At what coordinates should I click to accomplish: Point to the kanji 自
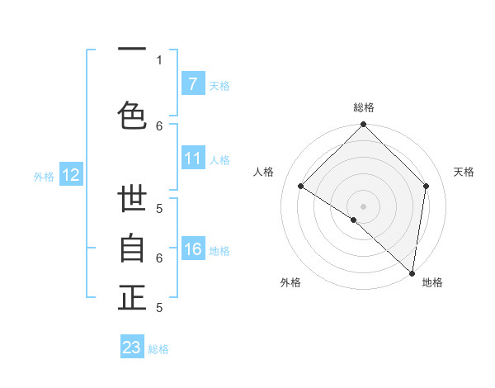coord(132,248)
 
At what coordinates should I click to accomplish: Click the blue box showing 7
coord(192,84)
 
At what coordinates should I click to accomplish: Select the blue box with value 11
coord(192,159)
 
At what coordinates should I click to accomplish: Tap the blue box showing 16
coord(192,250)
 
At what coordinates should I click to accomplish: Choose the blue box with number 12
coord(71,175)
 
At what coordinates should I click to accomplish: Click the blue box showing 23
coord(132,348)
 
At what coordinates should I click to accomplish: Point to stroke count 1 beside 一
coord(159,59)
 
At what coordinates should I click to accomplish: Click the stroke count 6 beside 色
coord(159,125)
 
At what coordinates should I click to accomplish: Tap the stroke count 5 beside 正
coord(159,307)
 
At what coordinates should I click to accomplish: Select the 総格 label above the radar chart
coord(363,107)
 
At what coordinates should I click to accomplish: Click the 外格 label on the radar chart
coord(290,282)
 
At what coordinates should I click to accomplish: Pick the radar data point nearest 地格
coord(412,272)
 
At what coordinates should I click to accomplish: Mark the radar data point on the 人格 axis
coord(301,187)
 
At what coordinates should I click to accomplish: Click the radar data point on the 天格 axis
coord(427,186)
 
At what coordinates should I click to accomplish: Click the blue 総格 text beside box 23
coord(158,349)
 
